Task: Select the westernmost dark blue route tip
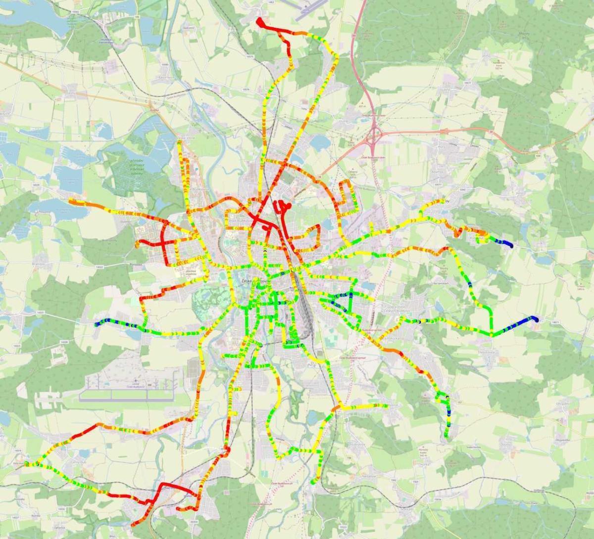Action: [96, 324]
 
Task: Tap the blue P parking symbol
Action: [197, 169]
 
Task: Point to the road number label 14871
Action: [555, 322]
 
